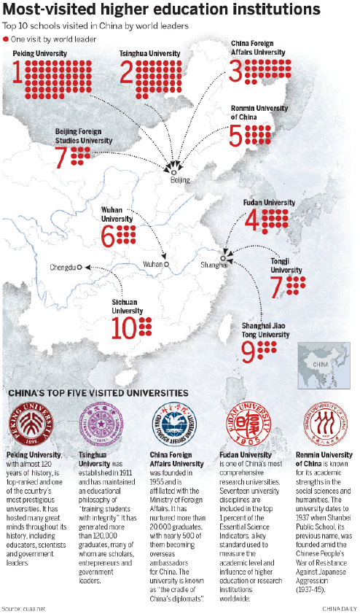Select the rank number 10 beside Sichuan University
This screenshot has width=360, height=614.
point(123,327)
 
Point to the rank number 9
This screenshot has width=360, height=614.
point(249,352)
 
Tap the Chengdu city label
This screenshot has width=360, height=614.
point(63,267)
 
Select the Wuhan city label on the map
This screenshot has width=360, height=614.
point(152,264)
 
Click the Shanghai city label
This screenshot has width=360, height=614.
point(214,265)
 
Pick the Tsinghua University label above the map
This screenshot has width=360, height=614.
point(149,54)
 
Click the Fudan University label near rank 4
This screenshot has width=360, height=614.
point(269,202)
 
